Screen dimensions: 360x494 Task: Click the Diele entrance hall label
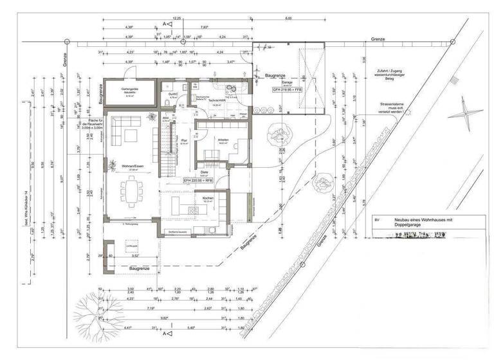(204, 172)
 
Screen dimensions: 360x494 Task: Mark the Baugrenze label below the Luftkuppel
(140, 266)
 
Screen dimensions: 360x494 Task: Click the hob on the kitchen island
(191, 210)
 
